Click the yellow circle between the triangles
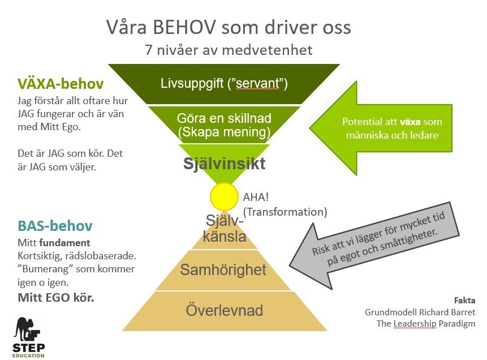(x=224, y=197)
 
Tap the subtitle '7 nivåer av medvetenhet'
(x=229, y=50)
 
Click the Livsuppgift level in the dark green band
(x=224, y=84)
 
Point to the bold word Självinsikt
(x=224, y=165)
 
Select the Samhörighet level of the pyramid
(x=223, y=271)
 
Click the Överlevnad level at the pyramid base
(x=224, y=311)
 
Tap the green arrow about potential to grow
(x=384, y=127)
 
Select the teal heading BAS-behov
(x=54, y=226)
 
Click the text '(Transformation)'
(x=285, y=212)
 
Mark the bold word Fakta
(x=464, y=300)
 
